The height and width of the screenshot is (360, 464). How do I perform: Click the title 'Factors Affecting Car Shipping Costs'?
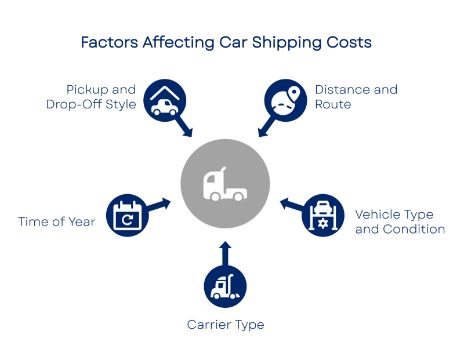[226, 43]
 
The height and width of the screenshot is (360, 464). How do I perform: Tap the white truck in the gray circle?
[225, 185]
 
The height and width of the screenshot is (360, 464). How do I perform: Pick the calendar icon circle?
[127, 216]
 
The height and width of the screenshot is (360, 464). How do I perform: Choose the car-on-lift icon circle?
[323, 216]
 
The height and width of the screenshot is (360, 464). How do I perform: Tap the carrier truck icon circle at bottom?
[225, 286]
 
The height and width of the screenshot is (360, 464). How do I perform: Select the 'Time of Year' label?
[56, 221]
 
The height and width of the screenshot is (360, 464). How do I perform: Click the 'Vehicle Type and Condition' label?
[399, 221]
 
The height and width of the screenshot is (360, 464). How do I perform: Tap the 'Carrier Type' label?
[225, 325]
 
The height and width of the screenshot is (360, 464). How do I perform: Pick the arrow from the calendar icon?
[159, 205]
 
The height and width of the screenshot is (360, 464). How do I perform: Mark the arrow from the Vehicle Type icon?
[291, 205]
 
